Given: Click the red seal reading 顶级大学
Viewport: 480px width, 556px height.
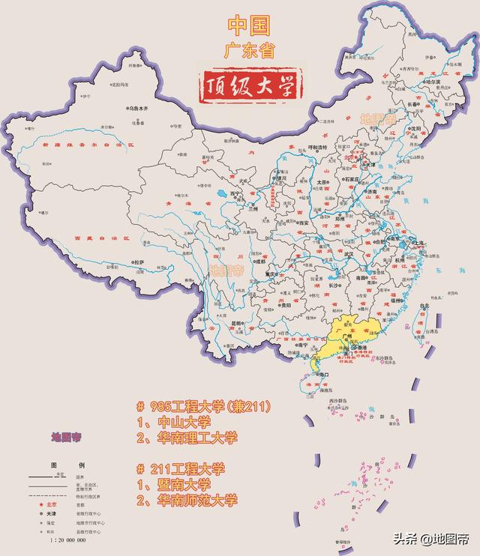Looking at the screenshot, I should [x=249, y=85].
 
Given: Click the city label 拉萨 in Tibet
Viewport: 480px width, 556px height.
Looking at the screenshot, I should [x=139, y=262].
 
